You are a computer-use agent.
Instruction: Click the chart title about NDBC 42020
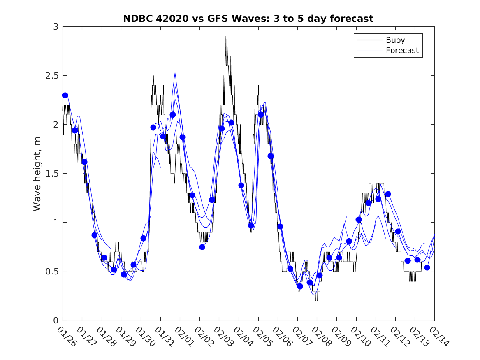coord(248,19)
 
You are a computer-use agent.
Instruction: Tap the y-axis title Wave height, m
coord(37,174)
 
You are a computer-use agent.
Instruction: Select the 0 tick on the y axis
coord(56,321)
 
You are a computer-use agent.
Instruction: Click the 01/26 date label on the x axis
coord(67,337)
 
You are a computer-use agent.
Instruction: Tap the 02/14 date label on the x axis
coord(438,337)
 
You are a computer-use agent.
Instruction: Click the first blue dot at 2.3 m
coord(65,95)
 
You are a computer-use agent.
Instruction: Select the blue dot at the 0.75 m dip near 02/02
coord(202,247)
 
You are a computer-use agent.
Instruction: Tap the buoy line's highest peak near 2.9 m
coord(226,37)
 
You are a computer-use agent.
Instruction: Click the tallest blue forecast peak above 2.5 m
coord(175,73)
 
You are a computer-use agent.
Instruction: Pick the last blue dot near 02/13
coord(427,267)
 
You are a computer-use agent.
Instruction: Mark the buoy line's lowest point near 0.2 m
coord(316,300)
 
